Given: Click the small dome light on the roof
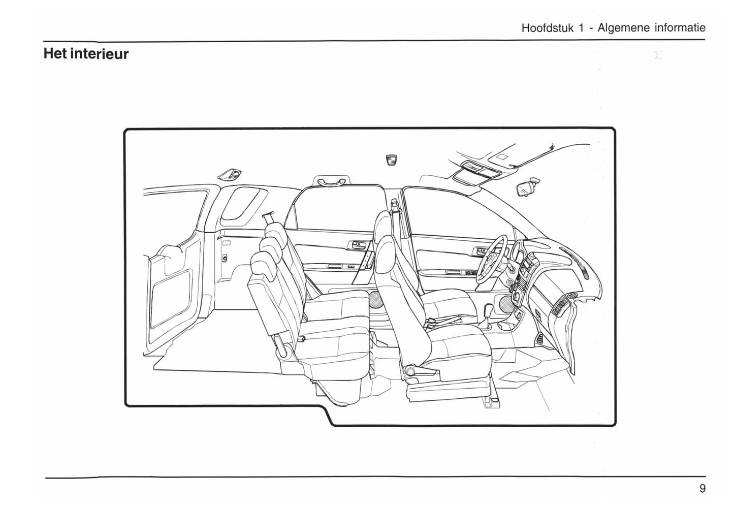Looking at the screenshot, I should pyautogui.click(x=391, y=160).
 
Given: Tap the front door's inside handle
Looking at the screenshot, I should pyautogui.click(x=480, y=250).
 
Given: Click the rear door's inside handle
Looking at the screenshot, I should pyautogui.click(x=357, y=245).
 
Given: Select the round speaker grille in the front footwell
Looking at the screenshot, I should pyautogui.click(x=506, y=304).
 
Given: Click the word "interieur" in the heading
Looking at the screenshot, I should pyautogui.click(x=99, y=53).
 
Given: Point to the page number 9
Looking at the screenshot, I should pyautogui.click(x=702, y=488).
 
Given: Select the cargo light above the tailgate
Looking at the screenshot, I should pyautogui.click(x=230, y=175).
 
